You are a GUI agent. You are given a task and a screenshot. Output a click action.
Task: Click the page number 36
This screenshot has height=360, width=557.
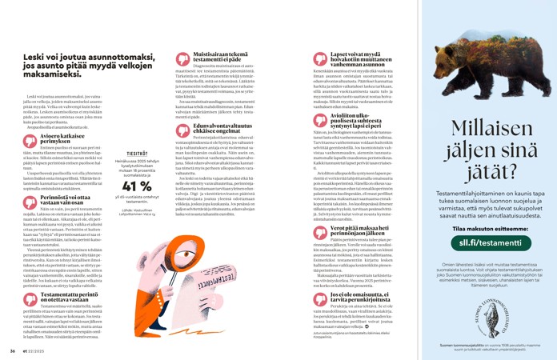tap(13, 350)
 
